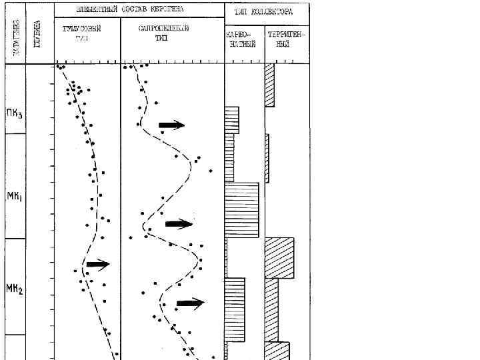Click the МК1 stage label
tap(15, 197)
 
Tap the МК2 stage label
tap(15, 290)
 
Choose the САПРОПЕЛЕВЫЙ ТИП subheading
tap(163, 33)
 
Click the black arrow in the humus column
tap(97, 265)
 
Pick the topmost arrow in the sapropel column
tap(171, 125)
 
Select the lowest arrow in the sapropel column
tap(190, 303)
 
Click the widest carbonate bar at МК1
tap(241, 209)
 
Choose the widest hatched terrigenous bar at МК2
tap(279, 257)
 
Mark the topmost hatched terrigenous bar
tap(269, 85)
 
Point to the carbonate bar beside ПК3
tap(231, 119)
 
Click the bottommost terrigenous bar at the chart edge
tap(277, 351)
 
